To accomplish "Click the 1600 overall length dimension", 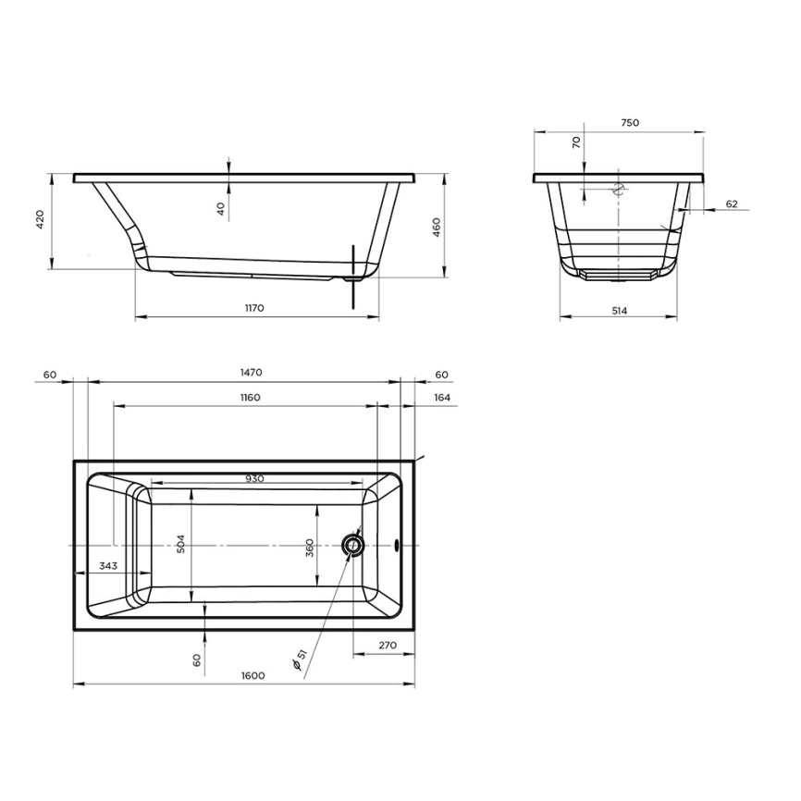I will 253,675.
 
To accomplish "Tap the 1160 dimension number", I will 247,398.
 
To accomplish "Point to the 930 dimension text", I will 255,478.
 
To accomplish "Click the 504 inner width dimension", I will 181,545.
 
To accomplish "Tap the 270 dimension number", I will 388,645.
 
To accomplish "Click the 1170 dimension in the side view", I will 255,308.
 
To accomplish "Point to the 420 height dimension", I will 40,220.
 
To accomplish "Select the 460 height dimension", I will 436,227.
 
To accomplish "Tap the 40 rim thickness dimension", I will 221,209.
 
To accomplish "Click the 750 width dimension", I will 629,122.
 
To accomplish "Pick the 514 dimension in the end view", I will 619,311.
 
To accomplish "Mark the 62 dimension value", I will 731,203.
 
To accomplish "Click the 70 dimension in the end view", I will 576,142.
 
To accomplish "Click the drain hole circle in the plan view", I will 352,546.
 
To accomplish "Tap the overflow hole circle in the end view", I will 619,190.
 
